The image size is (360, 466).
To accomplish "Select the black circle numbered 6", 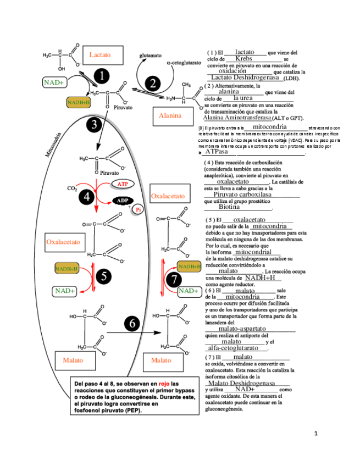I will [x=132, y=324].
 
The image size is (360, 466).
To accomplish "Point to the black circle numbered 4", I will [x=87, y=196].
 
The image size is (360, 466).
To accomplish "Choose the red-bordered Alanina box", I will [x=170, y=116].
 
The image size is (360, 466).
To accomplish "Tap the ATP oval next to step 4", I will [x=123, y=183].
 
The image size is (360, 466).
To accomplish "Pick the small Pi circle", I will [x=139, y=209].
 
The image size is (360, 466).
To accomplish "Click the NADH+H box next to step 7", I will [x=190, y=267].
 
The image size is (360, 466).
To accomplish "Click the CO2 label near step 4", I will [x=72, y=188].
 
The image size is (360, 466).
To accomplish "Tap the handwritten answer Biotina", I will [x=229, y=207].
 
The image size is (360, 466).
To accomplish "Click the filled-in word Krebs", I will [x=243, y=58].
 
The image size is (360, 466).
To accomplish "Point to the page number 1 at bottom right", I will [x=315, y=434].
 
